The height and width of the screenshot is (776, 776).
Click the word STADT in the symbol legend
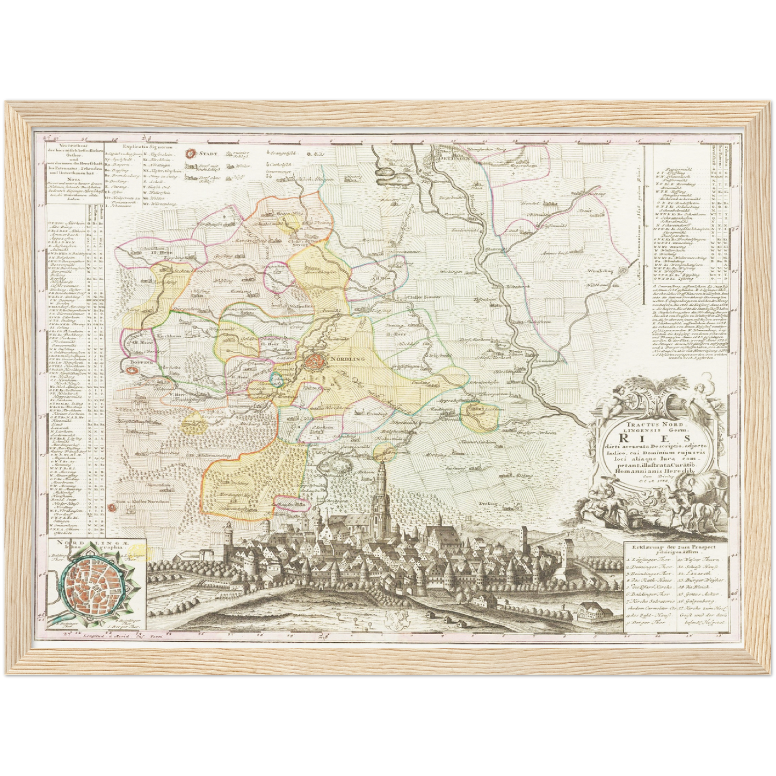tap(208, 154)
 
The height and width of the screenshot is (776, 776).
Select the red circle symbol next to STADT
tap(190, 154)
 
